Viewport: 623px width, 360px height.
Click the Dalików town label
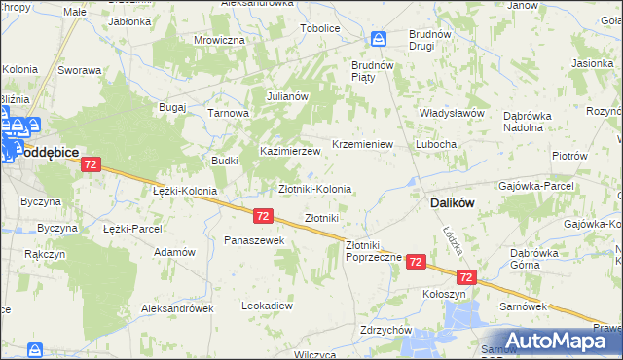click(451, 203)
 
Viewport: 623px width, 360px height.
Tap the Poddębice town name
click(45, 152)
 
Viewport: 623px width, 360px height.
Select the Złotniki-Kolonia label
click(314, 188)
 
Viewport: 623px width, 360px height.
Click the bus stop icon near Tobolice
click(379, 39)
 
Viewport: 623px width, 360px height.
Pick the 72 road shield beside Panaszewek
click(262, 215)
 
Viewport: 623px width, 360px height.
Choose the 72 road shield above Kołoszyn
click(467, 277)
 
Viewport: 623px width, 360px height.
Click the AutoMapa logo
click(552, 341)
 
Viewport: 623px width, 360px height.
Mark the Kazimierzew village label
click(289, 152)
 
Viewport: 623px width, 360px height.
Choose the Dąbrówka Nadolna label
click(535, 121)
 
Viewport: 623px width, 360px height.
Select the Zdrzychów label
click(384, 329)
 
